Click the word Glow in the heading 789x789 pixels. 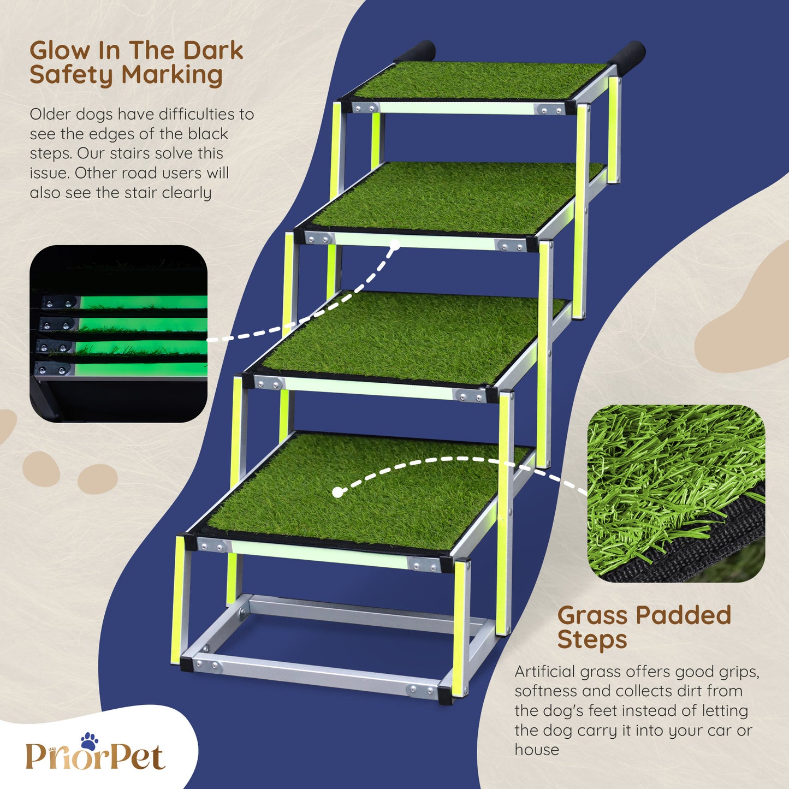60,51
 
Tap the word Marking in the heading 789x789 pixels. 172,76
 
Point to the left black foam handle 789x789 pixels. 415,51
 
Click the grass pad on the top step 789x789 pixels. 479,80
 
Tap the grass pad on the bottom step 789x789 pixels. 369,491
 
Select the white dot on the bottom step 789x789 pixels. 337,493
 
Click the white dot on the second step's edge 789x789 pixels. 395,245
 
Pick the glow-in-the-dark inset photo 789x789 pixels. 118,334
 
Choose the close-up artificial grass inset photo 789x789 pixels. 676,494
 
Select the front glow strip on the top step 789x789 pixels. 456,109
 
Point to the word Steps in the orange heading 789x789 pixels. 592,640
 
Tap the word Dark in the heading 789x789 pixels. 213,51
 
